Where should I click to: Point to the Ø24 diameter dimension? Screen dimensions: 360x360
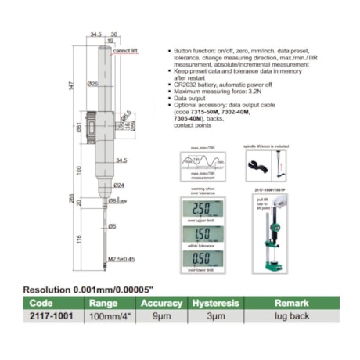[119, 185]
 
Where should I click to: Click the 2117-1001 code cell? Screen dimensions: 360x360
[49, 316]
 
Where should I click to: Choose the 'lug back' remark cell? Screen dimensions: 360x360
[284, 316]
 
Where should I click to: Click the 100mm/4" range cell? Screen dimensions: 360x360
[110, 316]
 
